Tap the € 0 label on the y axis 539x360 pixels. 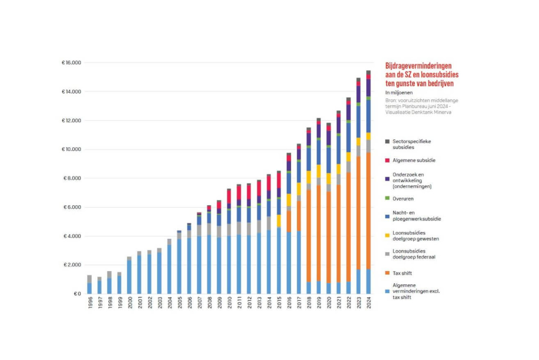pos(76,294)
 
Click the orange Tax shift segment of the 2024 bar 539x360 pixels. pos(368,211)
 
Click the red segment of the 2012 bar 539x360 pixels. pos(249,192)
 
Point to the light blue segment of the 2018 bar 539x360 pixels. pos(309,287)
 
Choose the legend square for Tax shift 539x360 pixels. pos(387,272)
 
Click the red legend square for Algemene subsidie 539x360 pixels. pos(387,159)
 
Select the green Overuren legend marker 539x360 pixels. pos(387,198)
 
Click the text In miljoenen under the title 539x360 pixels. pos(400,93)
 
